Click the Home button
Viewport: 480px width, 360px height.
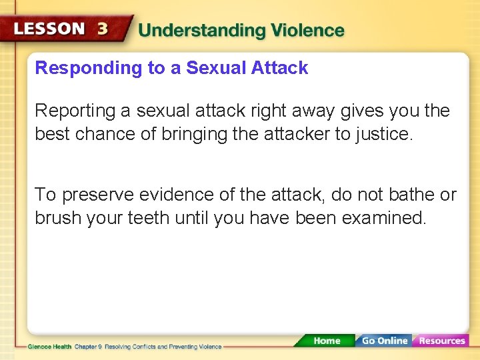pos(326,341)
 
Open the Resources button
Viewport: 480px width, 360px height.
pos(441,341)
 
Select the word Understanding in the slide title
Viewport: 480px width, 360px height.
pos(193,31)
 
